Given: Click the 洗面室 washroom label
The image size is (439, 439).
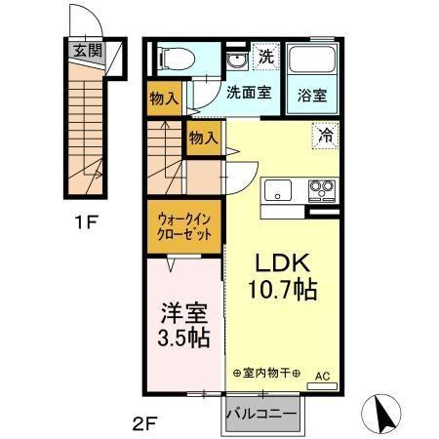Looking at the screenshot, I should tap(249, 95).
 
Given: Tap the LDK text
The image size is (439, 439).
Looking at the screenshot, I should tap(283, 263).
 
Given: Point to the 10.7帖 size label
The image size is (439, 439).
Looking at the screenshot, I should tap(283, 289).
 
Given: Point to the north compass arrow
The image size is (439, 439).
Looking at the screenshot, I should tap(386, 415).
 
